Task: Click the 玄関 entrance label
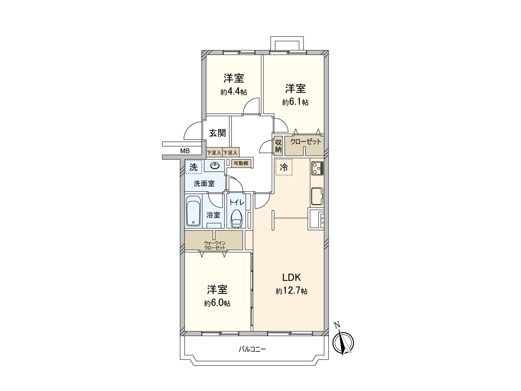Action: point(217,133)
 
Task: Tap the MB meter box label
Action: point(185,151)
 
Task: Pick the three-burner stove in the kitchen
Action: point(317,168)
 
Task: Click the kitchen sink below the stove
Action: point(317,196)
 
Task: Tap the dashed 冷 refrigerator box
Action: point(284,167)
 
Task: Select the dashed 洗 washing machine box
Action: point(193,167)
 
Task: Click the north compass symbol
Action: point(343,342)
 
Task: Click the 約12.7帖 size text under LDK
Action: point(291,291)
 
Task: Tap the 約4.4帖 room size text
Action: point(233,92)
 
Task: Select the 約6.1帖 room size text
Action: point(295,102)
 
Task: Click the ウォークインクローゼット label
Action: point(215,245)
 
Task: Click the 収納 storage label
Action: point(278,146)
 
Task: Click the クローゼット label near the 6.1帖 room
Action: point(306,142)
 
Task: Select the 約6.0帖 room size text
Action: point(217,303)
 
